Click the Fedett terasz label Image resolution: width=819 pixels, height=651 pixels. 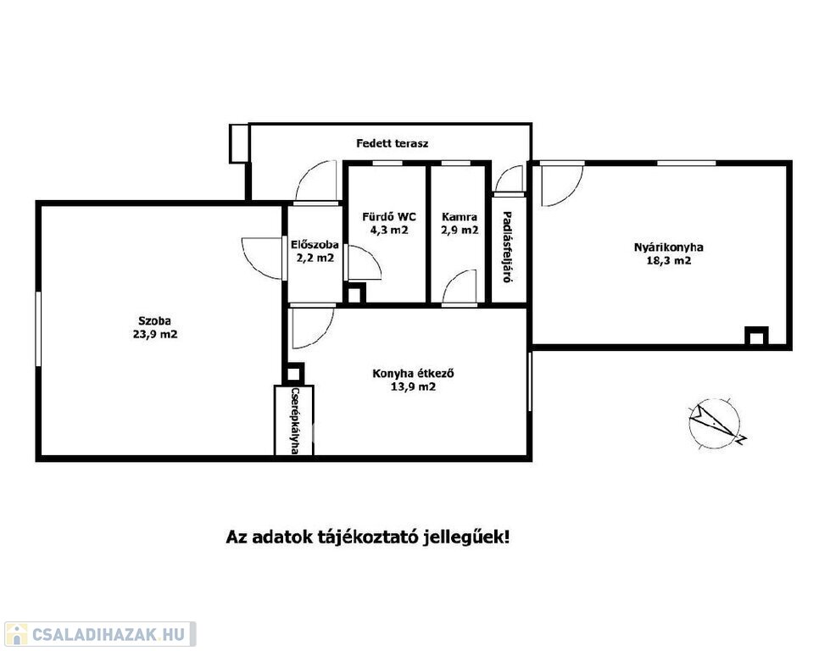click(x=393, y=143)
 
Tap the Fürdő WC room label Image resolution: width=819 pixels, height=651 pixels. click(x=389, y=217)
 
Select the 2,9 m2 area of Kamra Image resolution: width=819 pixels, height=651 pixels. click(x=460, y=230)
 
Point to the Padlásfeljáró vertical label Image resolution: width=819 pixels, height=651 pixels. click(x=507, y=247)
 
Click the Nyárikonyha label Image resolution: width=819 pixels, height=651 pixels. click(x=669, y=248)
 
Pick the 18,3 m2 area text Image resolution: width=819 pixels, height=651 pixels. click(x=669, y=260)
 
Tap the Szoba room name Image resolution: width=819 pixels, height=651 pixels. click(x=154, y=321)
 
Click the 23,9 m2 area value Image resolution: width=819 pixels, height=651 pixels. click(x=155, y=334)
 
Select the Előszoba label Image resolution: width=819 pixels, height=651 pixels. click(x=315, y=244)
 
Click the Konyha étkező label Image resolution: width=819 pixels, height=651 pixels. click(x=413, y=374)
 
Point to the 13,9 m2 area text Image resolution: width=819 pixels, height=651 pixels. click(x=413, y=387)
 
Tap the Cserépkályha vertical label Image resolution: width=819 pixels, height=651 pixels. click(x=294, y=420)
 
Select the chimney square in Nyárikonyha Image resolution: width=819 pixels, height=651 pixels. click(x=756, y=337)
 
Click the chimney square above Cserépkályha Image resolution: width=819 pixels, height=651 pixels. click(x=293, y=374)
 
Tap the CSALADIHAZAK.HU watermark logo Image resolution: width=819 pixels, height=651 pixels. click(x=99, y=634)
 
